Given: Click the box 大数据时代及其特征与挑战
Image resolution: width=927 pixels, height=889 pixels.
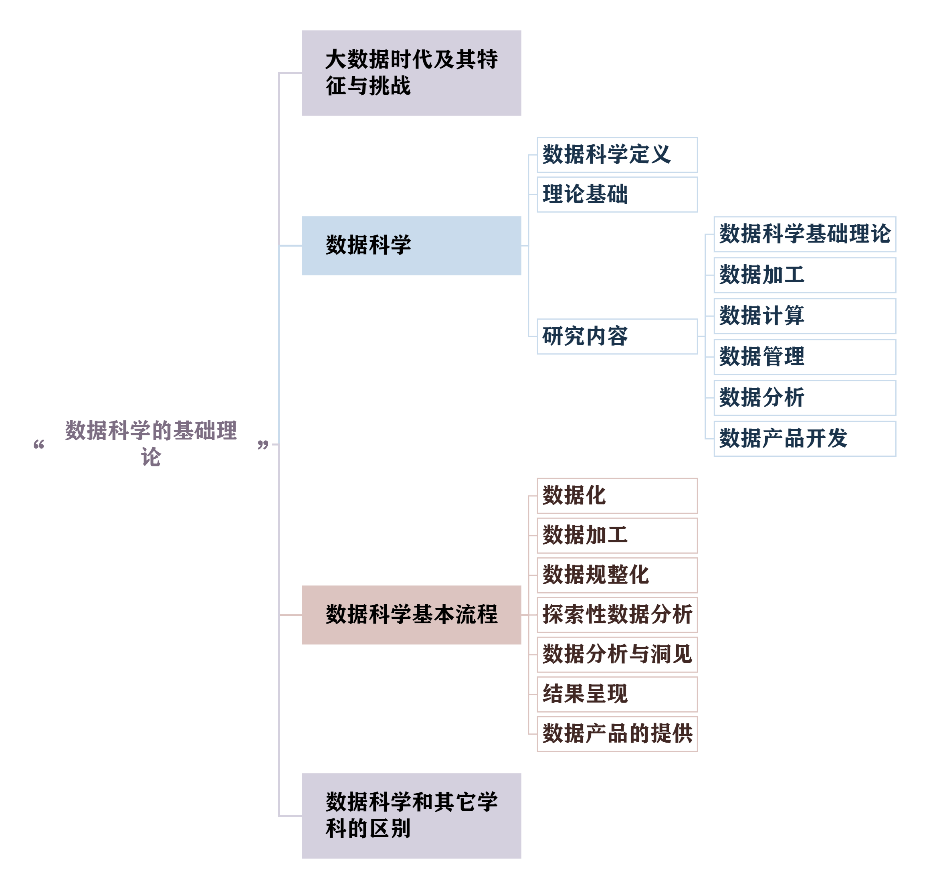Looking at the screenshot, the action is pyautogui.click(x=411, y=73).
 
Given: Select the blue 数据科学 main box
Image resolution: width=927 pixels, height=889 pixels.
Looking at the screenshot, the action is pyautogui.click(x=411, y=245).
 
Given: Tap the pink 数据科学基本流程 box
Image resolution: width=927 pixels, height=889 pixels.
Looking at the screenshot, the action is pyautogui.click(x=411, y=615).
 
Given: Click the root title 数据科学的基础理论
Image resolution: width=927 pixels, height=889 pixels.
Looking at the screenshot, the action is pyautogui.click(x=151, y=443).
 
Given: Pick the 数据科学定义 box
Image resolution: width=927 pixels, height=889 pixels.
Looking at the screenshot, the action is pyautogui.click(x=617, y=155).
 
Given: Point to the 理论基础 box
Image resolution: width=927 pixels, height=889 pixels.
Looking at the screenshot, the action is pyautogui.click(x=617, y=194).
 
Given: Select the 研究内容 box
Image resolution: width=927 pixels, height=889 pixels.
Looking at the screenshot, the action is pyautogui.click(x=617, y=336).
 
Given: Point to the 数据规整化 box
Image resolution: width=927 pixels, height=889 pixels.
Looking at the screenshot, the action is pyautogui.click(x=617, y=575).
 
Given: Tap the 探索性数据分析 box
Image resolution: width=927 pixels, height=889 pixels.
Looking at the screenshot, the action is pyautogui.click(x=617, y=615).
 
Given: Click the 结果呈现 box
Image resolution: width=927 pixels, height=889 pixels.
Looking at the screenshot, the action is pyautogui.click(x=617, y=694).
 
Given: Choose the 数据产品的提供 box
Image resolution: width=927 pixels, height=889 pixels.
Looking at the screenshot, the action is pyautogui.click(x=617, y=734).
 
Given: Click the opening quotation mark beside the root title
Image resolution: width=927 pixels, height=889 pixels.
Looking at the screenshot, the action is pyautogui.click(x=39, y=445).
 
